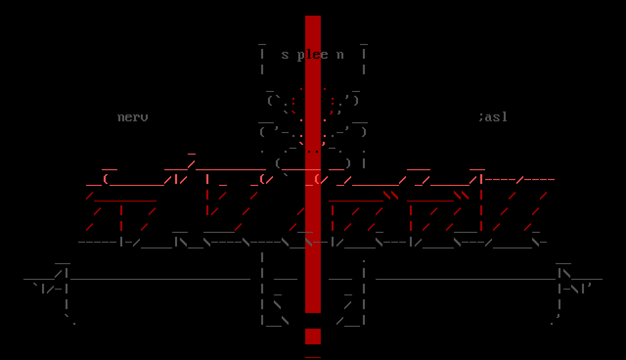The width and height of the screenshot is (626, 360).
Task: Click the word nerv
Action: (x=133, y=117)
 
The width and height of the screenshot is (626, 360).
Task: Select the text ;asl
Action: (x=493, y=117)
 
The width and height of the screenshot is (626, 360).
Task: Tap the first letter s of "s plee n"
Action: (x=285, y=55)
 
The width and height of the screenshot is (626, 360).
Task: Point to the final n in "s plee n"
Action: (x=340, y=55)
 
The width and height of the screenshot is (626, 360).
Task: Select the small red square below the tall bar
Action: (x=313, y=336)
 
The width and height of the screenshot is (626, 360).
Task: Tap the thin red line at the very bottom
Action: (x=313, y=358)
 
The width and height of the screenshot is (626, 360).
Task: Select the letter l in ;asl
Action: (x=504, y=117)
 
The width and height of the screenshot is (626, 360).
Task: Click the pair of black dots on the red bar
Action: (x=313, y=151)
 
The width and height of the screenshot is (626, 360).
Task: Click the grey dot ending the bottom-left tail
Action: (x=74, y=323)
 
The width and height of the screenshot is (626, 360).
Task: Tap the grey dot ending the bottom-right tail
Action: (x=552, y=323)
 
